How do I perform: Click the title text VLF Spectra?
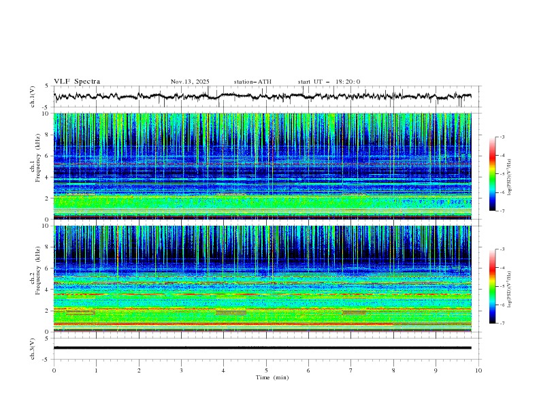click(x=77, y=82)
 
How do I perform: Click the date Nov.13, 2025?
click(x=190, y=82)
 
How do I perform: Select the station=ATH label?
click(x=252, y=82)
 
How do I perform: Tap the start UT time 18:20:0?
click(x=329, y=82)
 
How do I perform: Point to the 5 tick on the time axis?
click(x=266, y=370)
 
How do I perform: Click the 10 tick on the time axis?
click(x=478, y=370)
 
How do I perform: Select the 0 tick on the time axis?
click(x=54, y=370)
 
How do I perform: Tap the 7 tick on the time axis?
click(x=351, y=370)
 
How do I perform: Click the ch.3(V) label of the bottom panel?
click(x=33, y=347)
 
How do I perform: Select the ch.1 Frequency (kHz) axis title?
click(x=33, y=167)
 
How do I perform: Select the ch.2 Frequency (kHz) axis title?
click(x=33, y=279)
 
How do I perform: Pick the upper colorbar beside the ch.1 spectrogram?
click(x=492, y=173)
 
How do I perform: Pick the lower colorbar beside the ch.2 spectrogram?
click(x=492, y=286)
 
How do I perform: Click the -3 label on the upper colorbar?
click(x=502, y=137)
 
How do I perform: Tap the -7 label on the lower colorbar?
click(x=502, y=323)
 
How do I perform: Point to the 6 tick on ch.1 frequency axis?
click(x=47, y=156)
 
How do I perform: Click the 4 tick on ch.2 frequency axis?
click(x=47, y=290)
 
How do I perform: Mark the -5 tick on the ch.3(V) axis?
click(x=46, y=358)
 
